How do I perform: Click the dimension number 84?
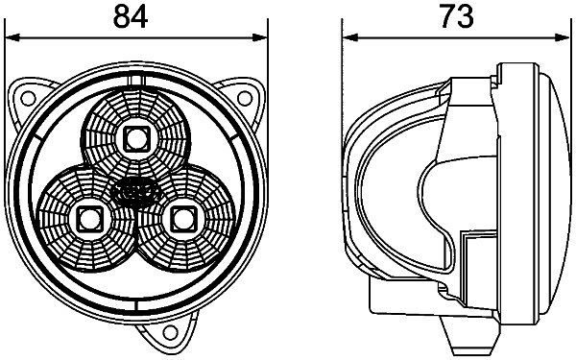coord(135,18)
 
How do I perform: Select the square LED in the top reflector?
coord(135,136)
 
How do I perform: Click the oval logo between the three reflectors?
coord(135,191)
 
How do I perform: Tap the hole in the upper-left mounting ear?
coord(25,97)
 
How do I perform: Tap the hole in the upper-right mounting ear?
coord(246,97)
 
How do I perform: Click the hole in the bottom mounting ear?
coord(175,335)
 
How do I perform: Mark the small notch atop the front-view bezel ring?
coord(135,79)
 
